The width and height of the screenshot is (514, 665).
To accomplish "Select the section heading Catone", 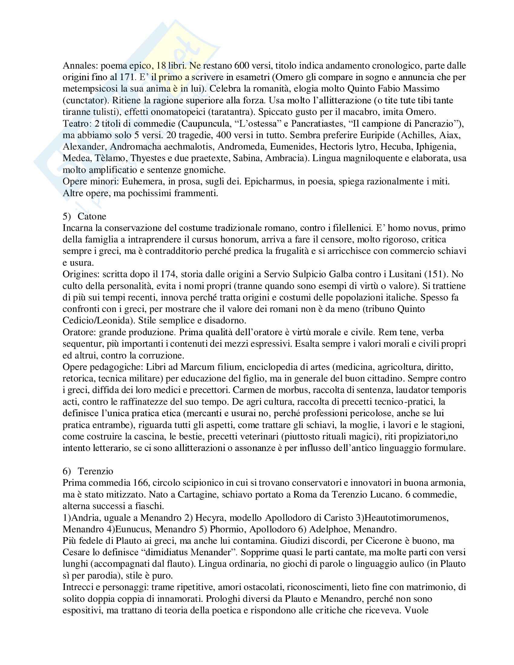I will (x=92, y=216).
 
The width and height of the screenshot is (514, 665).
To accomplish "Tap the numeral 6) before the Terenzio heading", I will (x=67, y=471).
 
